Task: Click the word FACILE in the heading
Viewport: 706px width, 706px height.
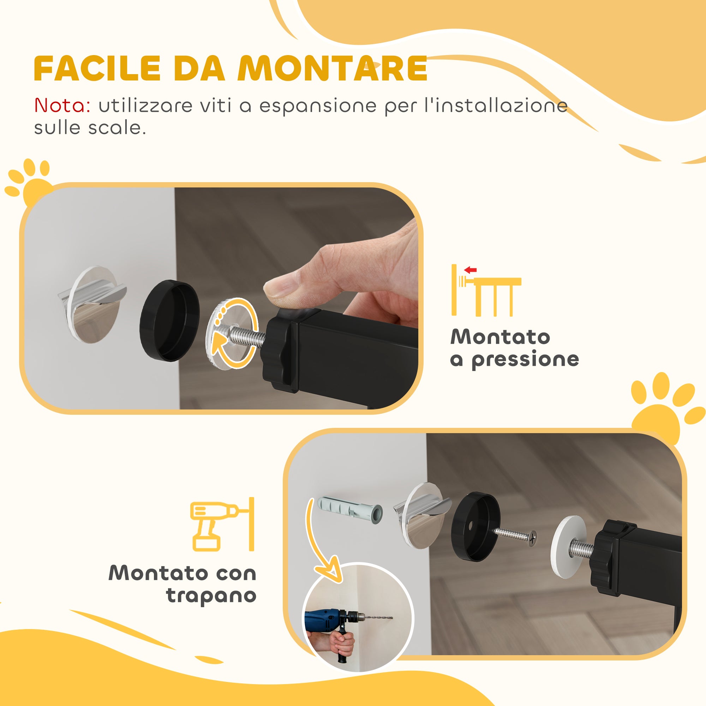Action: (97, 69)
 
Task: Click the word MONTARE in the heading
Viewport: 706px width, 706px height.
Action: (333, 69)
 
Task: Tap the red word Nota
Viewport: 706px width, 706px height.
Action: (62, 106)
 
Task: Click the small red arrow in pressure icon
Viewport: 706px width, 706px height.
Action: (470, 270)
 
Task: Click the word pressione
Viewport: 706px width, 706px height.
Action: (525, 360)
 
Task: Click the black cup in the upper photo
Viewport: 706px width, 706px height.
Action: (169, 321)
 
